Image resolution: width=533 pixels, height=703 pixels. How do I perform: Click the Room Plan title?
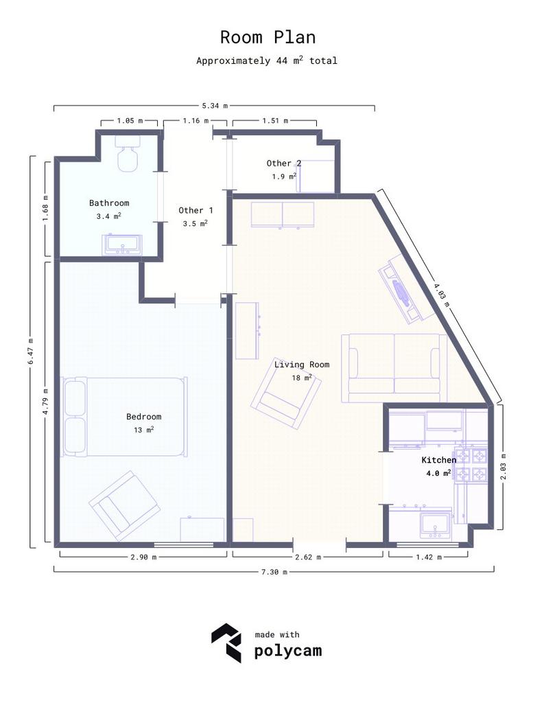[x=268, y=37]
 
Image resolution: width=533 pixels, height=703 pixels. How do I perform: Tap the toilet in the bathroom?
[x=128, y=153]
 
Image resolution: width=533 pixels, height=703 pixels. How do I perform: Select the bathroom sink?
[x=122, y=245]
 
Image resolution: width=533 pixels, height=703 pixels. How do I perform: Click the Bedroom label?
[x=144, y=417]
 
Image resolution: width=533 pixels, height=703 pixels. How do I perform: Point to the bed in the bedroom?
[x=124, y=417]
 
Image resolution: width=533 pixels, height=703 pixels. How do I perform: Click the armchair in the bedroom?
[x=125, y=505]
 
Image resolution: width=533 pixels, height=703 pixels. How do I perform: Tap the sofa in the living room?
[x=394, y=368]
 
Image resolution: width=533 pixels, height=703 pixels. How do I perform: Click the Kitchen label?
[x=439, y=460]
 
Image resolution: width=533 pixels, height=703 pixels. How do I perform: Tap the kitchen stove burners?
[x=471, y=465]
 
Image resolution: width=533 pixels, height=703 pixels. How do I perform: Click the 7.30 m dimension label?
[x=274, y=572]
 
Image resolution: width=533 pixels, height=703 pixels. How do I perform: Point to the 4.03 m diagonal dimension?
[x=441, y=293]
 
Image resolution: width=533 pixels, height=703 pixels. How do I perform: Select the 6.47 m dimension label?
[x=30, y=351]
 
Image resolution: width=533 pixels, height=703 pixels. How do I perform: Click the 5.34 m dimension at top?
[x=215, y=106]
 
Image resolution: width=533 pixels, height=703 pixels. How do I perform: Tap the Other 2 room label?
[x=284, y=163]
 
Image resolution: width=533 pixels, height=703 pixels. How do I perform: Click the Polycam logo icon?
[x=226, y=643]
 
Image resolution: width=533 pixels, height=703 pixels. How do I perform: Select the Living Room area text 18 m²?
[x=302, y=378]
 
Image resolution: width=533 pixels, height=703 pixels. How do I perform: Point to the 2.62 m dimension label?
[x=308, y=557]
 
